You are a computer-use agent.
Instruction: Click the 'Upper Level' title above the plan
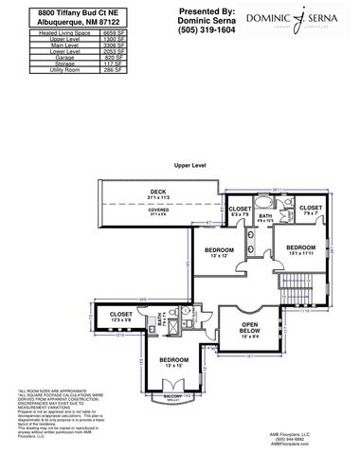coord(189,164)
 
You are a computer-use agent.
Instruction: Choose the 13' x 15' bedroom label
coord(174,362)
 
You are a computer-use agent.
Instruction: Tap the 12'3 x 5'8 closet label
coord(121,317)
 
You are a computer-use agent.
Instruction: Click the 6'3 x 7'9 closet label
coord(241,210)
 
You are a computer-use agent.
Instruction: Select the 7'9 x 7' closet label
coord(310,209)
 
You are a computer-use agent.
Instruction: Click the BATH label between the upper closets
coord(266,218)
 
